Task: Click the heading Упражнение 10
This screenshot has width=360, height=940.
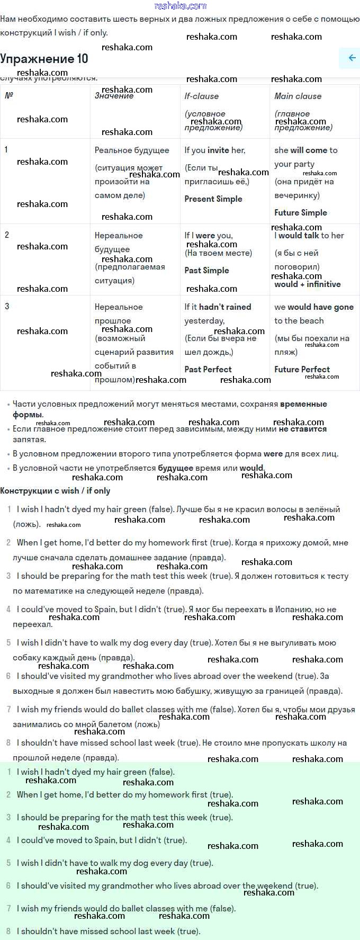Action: point(44,59)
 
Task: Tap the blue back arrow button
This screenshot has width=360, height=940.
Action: point(351,58)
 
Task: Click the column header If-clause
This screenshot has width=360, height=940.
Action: point(201,96)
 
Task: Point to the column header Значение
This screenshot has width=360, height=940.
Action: point(114,96)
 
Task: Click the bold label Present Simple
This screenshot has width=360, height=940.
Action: point(213,199)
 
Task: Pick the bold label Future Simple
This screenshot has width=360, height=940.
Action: point(300,213)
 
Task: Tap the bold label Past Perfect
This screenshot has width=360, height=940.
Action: point(208,370)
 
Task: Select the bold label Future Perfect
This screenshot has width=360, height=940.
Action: point(302,370)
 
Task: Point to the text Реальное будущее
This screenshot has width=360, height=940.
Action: point(132,150)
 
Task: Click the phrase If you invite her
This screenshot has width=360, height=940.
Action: point(214,150)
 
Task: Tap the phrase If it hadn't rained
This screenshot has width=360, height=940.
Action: point(218,307)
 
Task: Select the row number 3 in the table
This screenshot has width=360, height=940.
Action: point(7,307)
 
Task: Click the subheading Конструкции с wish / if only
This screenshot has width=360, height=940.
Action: point(55,491)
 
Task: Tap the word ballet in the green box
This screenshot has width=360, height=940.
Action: point(129,909)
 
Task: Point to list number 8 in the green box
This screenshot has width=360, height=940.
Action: point(8,931)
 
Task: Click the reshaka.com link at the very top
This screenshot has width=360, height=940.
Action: point(180,6)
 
